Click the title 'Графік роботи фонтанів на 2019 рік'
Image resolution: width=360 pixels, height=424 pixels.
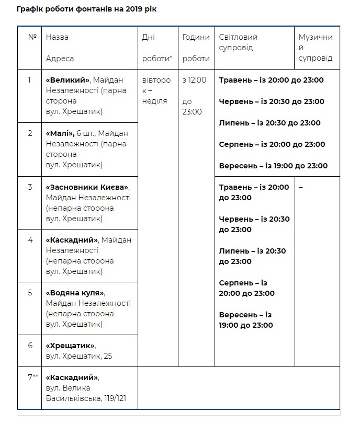[86, 9]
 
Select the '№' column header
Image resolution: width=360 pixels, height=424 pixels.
[32, 38]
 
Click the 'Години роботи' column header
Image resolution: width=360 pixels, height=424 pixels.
[196, 48]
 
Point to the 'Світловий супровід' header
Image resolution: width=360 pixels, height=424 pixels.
[238, 42]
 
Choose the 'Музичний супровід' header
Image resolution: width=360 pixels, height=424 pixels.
[316, 48]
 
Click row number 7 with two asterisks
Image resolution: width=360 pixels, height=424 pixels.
[32, 377]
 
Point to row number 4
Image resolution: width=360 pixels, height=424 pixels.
[30, 240]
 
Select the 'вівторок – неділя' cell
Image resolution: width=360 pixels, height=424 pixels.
[156, 90]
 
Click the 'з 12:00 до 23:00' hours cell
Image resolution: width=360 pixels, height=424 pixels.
[195, 96]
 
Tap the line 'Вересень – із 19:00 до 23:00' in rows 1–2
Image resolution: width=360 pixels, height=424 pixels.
[273, 166]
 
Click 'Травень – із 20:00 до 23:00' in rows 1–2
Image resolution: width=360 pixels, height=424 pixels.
[272, 80]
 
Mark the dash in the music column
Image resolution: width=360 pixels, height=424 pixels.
[301, 187]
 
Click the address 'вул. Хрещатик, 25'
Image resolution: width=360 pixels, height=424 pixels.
[79, 357]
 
